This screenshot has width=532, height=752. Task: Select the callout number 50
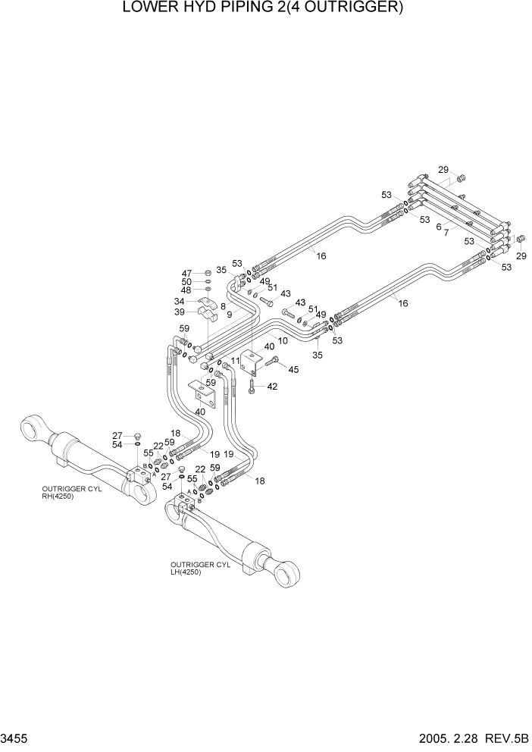(x=186, y=282)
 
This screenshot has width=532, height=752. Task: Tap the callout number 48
(x=186, y=290)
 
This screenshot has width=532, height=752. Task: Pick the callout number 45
(x=294, y=369)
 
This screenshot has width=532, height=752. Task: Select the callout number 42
(x=272, y=387)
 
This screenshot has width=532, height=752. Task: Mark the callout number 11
(x=236, y=361)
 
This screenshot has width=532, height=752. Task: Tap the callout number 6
(x=438, y=226)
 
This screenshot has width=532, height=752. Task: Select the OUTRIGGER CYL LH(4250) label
(x=200, y=569)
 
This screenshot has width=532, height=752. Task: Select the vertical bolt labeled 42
(x=251, y=388)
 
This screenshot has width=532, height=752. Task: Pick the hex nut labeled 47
(x=208, y=273)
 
